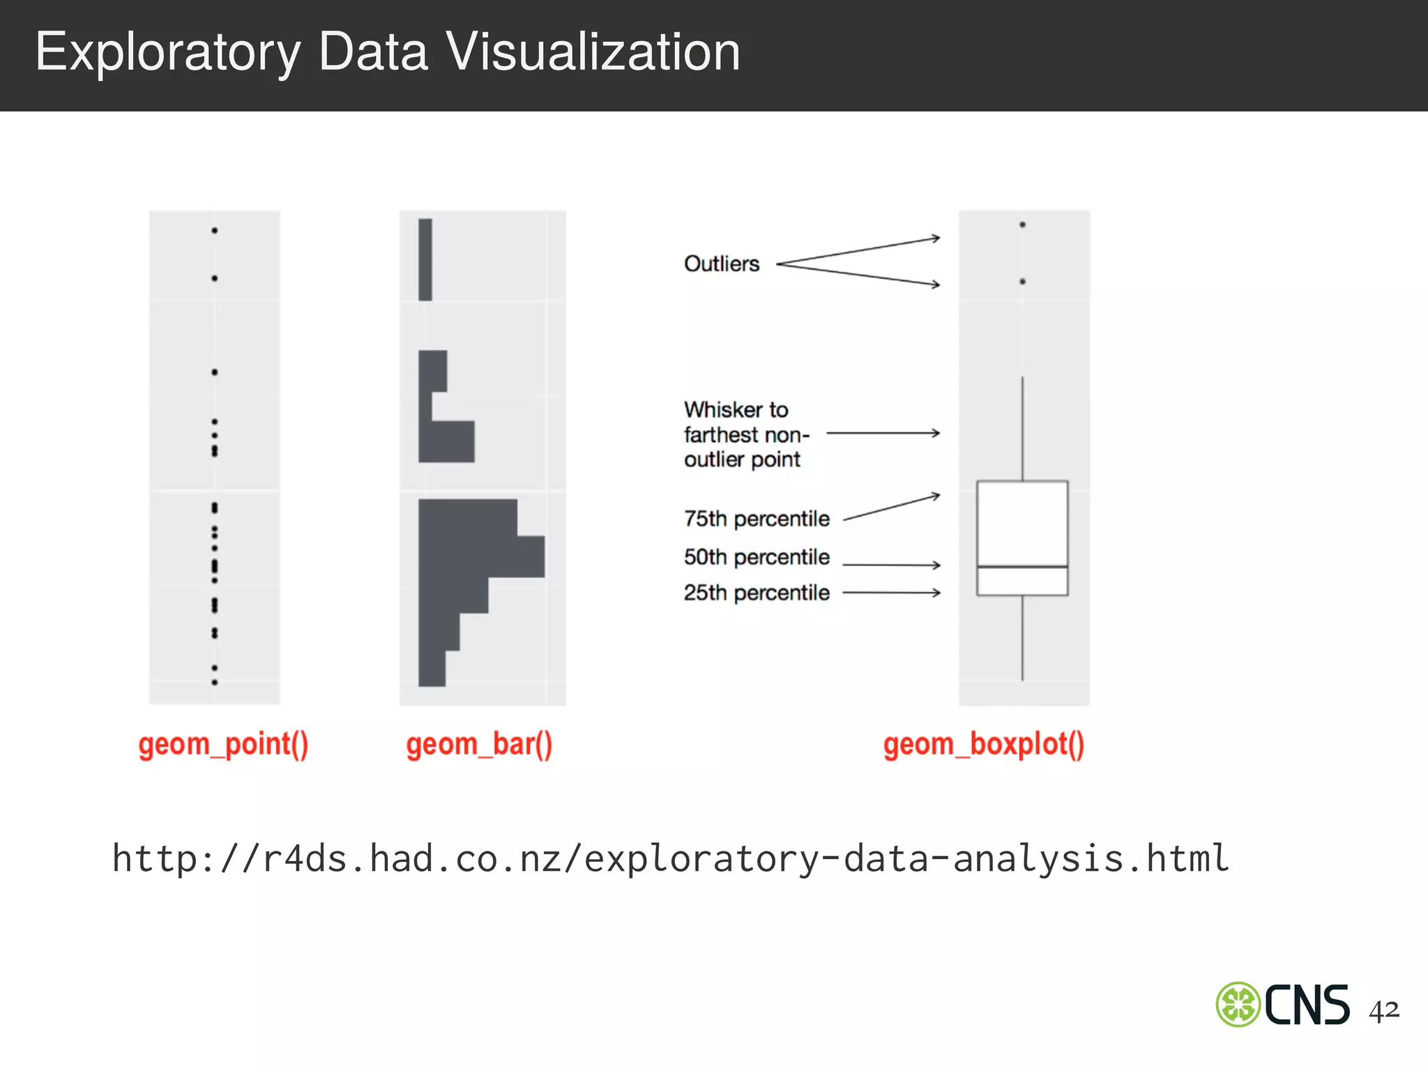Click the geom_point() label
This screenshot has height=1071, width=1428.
point(223,745)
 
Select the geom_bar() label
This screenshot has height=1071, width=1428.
point(479,745)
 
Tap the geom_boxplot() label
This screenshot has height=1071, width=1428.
point(983,745)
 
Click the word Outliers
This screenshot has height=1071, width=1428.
point(722,264)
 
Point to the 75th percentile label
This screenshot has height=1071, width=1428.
point(757,519)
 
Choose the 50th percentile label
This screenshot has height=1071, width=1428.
point(757,557)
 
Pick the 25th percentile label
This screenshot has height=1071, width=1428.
point(757,593)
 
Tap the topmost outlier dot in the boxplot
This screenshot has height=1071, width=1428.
point(1022,225)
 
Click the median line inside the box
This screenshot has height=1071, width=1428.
point(1022,566)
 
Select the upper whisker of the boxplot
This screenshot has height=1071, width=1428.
point(1022,429)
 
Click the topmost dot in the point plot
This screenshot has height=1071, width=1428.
point(215,230)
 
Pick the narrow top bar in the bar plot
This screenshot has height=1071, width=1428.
point(425,259)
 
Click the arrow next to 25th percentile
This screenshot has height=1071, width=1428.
point(892,593)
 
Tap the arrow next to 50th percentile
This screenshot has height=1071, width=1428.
point(892,565)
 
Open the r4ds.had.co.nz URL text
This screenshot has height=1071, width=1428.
point(670,858)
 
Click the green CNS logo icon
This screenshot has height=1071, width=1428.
point(1238,1004)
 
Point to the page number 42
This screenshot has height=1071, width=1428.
point(1383,1010)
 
